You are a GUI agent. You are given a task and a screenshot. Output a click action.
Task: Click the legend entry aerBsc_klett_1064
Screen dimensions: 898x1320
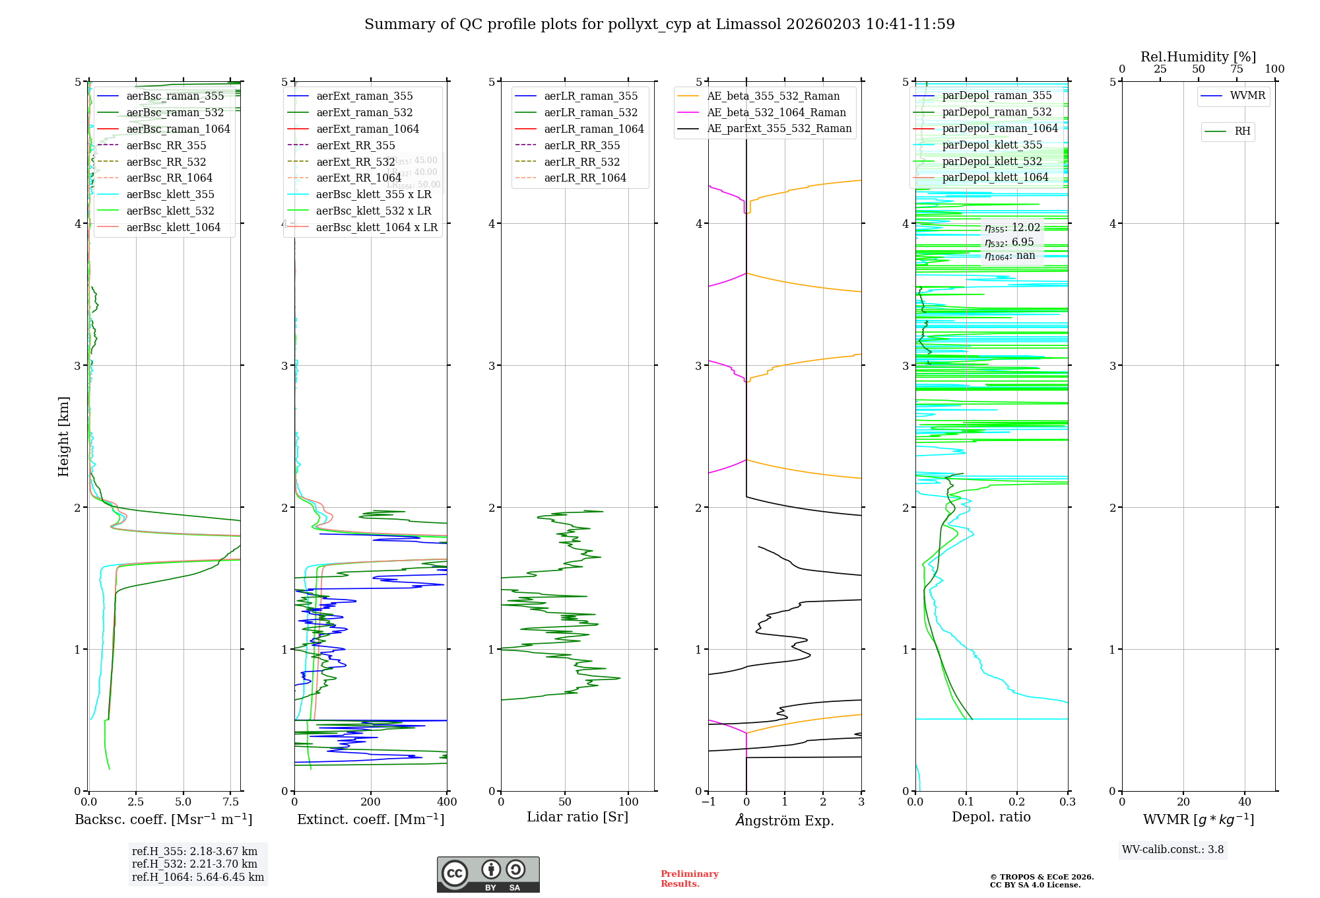click(173, 227)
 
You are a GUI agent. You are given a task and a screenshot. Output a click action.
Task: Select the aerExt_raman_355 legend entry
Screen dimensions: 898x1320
click(364, 96)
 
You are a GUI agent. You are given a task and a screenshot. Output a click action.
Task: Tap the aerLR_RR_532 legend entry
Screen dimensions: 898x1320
click(581, 162)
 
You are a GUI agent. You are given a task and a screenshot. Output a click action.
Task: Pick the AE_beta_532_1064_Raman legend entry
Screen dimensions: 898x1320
click(776, 113)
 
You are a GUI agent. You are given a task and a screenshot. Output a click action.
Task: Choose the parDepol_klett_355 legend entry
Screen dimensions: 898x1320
click(992, 145)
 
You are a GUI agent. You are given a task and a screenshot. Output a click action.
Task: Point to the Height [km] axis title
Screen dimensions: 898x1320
click(63, 436)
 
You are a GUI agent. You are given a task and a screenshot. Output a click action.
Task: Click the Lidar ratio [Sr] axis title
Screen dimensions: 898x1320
click(577, 817)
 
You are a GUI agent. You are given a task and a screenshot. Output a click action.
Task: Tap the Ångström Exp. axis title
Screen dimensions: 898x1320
click(785, 820)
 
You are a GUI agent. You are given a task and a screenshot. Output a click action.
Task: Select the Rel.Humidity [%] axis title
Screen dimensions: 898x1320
click(1198, 57)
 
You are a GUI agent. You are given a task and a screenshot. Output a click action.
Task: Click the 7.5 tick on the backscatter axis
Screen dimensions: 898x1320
click(231, 802)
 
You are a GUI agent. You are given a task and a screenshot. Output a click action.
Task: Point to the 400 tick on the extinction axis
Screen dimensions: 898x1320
click(447, 802)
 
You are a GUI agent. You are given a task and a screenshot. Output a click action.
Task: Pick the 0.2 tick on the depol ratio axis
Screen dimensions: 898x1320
click(1017, 802)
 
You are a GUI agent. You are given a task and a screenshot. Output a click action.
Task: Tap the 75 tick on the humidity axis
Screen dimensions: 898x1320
click(1236, 69)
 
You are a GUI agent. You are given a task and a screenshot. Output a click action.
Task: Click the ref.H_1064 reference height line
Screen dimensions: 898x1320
click(197, 878)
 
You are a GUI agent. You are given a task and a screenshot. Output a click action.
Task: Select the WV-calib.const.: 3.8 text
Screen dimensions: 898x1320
click(1173, 850)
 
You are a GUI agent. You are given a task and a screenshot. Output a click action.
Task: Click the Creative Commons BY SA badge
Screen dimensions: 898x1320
click(488, 875)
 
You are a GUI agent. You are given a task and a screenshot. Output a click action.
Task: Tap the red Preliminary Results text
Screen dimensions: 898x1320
click(689, 879)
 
